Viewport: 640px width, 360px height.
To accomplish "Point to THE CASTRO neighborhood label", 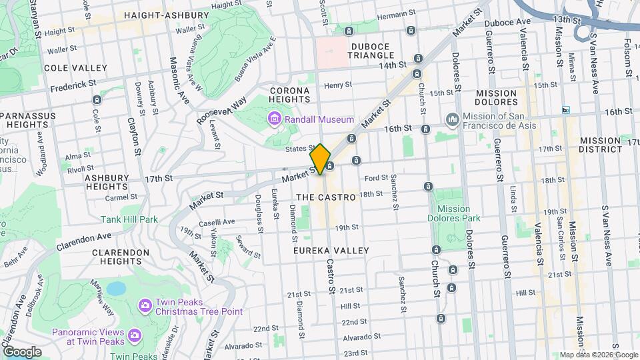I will [325, 197].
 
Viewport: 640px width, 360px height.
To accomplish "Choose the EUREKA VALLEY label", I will [331, 250].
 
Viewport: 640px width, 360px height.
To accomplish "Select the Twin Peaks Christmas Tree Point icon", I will [144, 305].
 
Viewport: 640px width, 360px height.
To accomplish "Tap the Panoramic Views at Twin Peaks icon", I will [134, 335].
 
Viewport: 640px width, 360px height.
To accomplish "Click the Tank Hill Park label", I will [129, 219].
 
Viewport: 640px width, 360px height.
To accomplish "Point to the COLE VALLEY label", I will [75, 68].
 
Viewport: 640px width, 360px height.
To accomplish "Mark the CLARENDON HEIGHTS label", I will [121, 257].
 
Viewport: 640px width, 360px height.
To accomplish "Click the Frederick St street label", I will [73, 85].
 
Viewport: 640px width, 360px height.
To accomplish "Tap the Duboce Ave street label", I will [507, 21].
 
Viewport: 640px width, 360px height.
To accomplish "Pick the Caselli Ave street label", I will [219, 221].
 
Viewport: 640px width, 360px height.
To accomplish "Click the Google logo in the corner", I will [23, 351].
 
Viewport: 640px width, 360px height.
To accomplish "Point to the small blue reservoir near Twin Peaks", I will [117, 288].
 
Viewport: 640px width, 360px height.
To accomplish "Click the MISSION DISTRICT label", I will [602, 145].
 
